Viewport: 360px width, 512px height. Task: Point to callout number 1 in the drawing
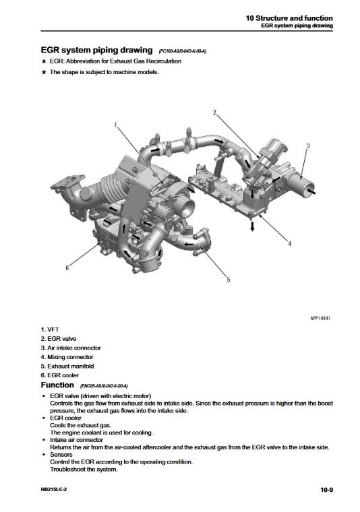115,125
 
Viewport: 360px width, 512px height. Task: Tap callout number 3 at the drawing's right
307,146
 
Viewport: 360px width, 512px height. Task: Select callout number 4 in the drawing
289,244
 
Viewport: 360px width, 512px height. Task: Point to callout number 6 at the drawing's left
67,267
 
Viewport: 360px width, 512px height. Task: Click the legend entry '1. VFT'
51,329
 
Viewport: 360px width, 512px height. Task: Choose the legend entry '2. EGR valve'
59,338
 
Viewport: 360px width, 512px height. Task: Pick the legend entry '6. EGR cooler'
60,375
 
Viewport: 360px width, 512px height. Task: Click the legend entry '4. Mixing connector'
67,356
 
